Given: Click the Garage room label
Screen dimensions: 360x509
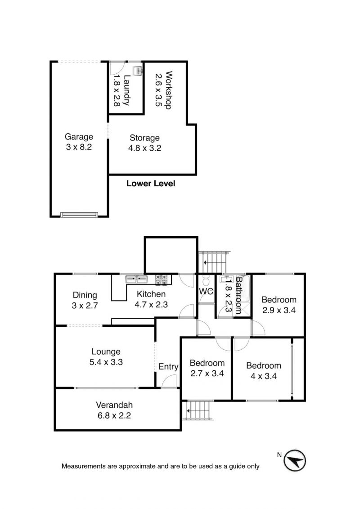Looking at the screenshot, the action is (x=79, y=137).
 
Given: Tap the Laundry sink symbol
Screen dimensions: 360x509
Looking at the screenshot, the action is (x=137, y=71).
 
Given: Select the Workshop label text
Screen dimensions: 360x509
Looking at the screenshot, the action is (x=168, y=90).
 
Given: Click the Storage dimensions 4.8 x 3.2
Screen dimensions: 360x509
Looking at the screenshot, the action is (x=145, y=148).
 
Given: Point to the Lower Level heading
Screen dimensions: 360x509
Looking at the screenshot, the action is (x=151, y=184).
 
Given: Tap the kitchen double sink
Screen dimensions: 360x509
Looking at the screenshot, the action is (x=136, y=279).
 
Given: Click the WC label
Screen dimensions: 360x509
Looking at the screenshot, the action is (x=206, y=291).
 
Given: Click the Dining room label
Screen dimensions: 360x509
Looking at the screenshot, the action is (x=85, y=295).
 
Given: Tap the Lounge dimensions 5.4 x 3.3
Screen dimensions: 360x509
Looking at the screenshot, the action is (x=106, y=362).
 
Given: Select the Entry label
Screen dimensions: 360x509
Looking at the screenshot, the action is (x=168, y=367).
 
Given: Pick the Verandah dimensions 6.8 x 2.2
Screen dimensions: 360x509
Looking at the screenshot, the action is (x=114, y=415).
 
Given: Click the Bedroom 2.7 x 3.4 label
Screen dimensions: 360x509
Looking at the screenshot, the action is (x=207, y=368).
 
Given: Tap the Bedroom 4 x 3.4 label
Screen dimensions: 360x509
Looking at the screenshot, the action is (x=264, y=371).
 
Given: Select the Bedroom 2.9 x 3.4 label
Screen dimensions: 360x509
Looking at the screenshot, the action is (x=279, y=305).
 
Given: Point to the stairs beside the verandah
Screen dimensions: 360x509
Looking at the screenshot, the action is (x=198, y=410).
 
